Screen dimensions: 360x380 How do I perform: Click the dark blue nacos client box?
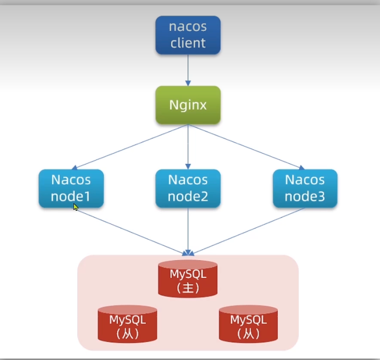pos(188,35)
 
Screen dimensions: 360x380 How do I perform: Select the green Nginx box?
pos(188,105)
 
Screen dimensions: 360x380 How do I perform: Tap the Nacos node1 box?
pos(71,188)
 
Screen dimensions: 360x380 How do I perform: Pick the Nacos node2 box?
pos(188,188)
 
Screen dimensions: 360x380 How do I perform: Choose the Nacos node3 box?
pos(305,188)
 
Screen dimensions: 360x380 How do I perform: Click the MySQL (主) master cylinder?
pos(188,279)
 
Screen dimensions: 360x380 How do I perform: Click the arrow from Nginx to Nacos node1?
pos(132,147)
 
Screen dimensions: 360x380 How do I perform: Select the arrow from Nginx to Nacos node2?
pos(188,147)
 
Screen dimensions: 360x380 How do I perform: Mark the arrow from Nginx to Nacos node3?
pos(245,147)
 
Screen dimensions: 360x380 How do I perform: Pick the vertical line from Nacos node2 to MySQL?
pos(188,230)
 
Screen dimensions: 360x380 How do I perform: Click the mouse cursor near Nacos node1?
pos(75,207)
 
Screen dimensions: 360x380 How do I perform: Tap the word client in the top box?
pos(188,43)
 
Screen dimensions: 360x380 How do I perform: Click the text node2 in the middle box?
pos(188,196)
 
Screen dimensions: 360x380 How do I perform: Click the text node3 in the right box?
pos(305,196)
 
